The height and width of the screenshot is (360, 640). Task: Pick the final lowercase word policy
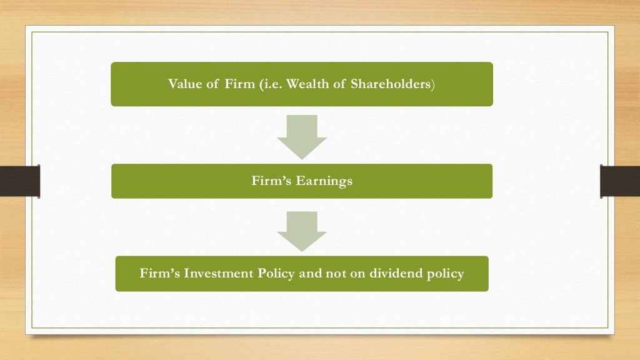(x=446, y=274)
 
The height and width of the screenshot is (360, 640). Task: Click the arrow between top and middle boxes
(x=302, y=136)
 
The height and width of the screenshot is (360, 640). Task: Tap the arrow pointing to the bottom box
(x=302, y=230)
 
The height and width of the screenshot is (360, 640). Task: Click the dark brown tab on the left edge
(x=19, y=181)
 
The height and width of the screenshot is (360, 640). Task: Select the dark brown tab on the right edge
(x=619, y=181)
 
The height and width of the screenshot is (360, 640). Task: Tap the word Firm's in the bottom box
(x=157, y=274)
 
